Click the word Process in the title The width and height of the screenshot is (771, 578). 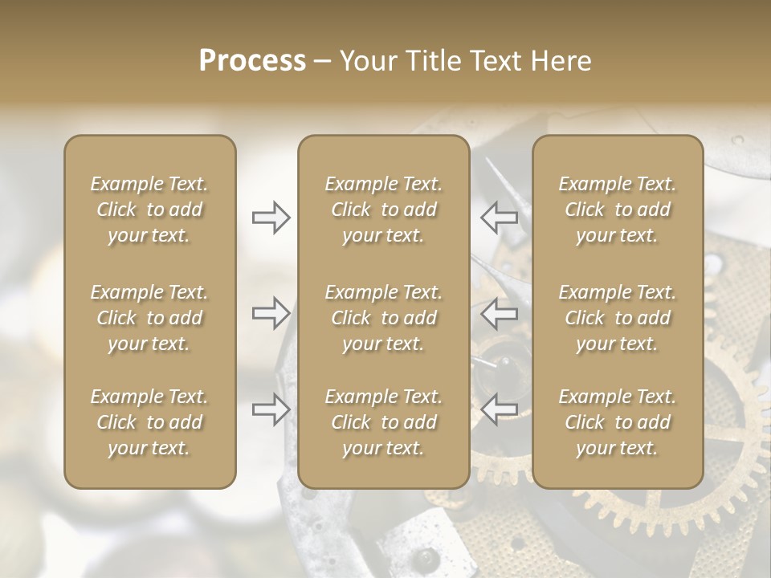pos(252,61)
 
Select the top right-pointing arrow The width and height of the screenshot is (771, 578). pos(271,218)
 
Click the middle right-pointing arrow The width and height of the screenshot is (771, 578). pos(271,312)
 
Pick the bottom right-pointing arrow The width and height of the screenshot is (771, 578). pos(271,409)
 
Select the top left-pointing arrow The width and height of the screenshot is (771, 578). pos(499,218)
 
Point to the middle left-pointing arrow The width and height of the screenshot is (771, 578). pos(499,312)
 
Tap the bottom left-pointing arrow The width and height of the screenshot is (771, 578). pos(499,409)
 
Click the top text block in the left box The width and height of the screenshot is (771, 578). pos(149,210)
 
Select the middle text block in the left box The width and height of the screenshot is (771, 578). pos(149,318)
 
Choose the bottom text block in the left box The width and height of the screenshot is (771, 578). pos(149,422)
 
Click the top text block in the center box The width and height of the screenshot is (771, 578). pos(384,210)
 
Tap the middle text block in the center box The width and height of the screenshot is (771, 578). pos(384,318)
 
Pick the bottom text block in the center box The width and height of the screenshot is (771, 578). pos(384,422)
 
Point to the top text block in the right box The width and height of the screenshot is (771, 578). pos(618,210)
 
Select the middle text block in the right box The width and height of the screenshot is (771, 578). pos(618,318)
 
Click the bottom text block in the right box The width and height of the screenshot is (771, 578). pos(618,422)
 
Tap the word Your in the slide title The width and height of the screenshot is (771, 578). pos(365,61)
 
